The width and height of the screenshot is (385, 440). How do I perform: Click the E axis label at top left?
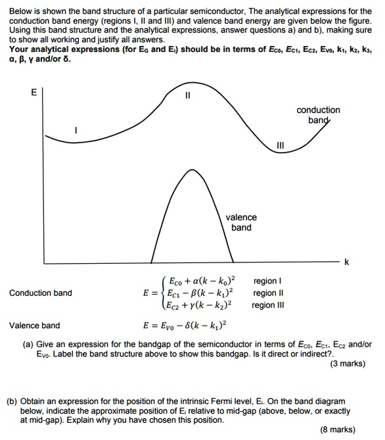coord(34,92)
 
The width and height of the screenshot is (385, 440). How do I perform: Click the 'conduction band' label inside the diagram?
coord(318,115)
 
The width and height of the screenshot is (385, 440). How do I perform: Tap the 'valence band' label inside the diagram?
coord(241,222)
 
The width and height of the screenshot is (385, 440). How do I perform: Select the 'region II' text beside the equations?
coord(269,293)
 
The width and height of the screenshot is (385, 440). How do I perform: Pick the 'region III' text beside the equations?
coord(271,305)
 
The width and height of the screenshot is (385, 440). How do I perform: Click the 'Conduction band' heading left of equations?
coord(41,293)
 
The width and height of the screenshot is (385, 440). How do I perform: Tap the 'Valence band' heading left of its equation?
coord(34,325)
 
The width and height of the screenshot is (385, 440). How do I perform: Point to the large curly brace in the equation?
coord(161,293)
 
